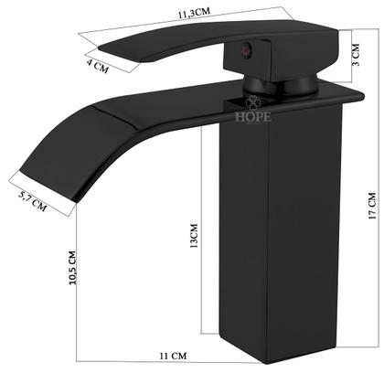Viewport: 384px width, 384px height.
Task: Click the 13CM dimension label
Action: coord(193,240)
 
